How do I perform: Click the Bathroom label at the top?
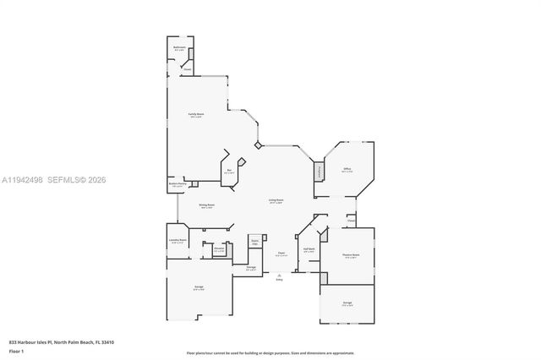coord(179,48)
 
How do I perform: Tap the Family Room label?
coord(196,115)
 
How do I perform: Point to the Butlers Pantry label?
coord(178,185)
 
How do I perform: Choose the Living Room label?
coord(276,201)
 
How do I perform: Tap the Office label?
coord(347,170)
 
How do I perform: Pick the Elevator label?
coord(219,249)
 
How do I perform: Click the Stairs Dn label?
coord(254,242)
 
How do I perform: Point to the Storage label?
coord(251,268)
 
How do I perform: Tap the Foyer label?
coord(281,253)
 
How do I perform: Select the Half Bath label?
coord(309,249)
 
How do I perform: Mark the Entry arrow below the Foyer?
coord(279,275)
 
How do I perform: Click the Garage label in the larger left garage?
coord(198,289)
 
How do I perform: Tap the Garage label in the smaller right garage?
coord(347,303)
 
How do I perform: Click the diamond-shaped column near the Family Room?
coord(258,145)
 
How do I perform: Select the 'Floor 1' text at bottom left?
coord(15,350)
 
